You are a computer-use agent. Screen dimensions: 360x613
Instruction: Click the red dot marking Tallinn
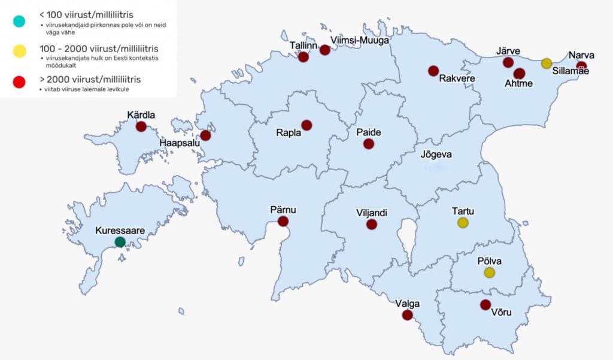point(304,58)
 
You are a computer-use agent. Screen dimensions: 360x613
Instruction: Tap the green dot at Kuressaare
point(120,242)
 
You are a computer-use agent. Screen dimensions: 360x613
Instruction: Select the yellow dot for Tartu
point(463,223)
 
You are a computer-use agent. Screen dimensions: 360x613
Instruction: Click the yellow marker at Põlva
point(490,273)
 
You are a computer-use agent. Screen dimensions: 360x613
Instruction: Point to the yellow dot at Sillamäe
point(547,63)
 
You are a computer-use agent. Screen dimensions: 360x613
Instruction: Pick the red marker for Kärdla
point(141,126)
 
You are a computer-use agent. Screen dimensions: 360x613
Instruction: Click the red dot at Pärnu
point(283,222)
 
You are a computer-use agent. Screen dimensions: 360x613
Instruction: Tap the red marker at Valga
point(408,315)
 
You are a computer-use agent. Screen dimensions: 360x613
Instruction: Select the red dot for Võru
point(485,305)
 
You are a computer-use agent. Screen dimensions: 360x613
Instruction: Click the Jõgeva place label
point(436,155)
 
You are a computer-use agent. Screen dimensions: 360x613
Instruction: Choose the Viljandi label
point(372,213)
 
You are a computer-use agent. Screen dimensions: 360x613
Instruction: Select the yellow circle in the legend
point(19,52)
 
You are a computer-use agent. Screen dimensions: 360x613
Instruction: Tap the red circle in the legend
point(19,82)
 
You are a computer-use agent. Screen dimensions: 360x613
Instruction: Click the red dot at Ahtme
point(519,74)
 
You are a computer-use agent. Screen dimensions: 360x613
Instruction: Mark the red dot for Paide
point(369,144)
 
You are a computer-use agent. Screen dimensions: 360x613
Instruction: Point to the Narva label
point(582,56)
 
